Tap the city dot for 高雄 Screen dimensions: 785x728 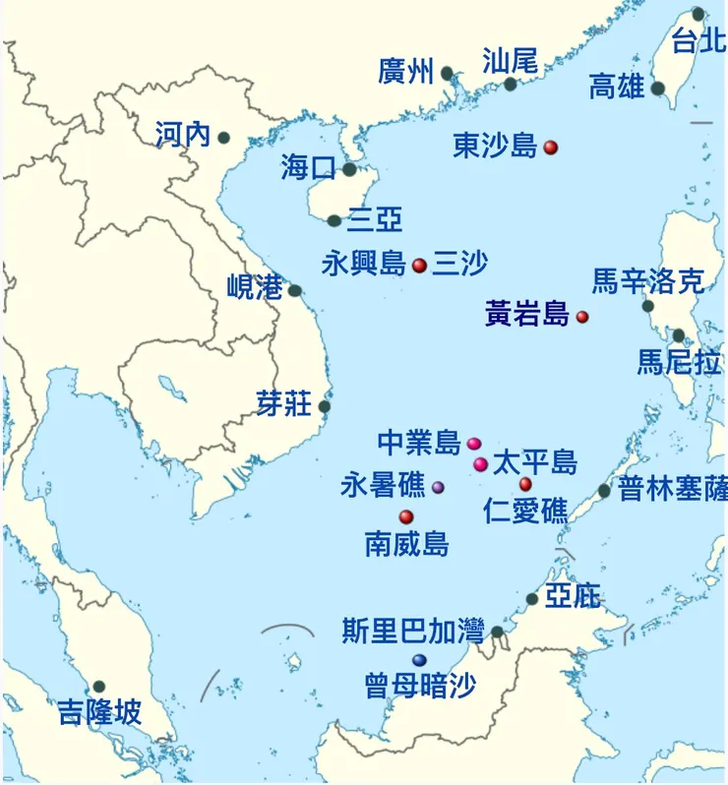(658, 89)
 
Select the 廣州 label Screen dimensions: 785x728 (405, 72)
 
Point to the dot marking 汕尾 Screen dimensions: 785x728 (511, 85)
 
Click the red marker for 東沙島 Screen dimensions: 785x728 (551, 148)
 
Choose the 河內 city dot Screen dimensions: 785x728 (224, 138)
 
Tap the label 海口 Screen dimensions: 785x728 (309, 167)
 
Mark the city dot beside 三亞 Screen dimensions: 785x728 (334, 221)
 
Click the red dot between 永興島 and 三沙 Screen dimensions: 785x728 (419, 265)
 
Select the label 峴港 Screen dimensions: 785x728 (255, 287)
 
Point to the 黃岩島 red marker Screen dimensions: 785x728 (582, 317)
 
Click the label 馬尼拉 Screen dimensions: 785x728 (679, 362)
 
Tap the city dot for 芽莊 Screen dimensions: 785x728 (325, 406)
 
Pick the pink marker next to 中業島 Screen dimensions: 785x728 (473, 444)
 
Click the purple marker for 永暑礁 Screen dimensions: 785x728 (438, 487)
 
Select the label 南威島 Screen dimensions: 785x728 (406, 543)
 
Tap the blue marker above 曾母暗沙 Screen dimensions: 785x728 (420, 659)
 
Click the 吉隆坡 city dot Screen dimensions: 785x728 (98, 687)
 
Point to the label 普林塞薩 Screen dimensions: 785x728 (673, 488)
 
